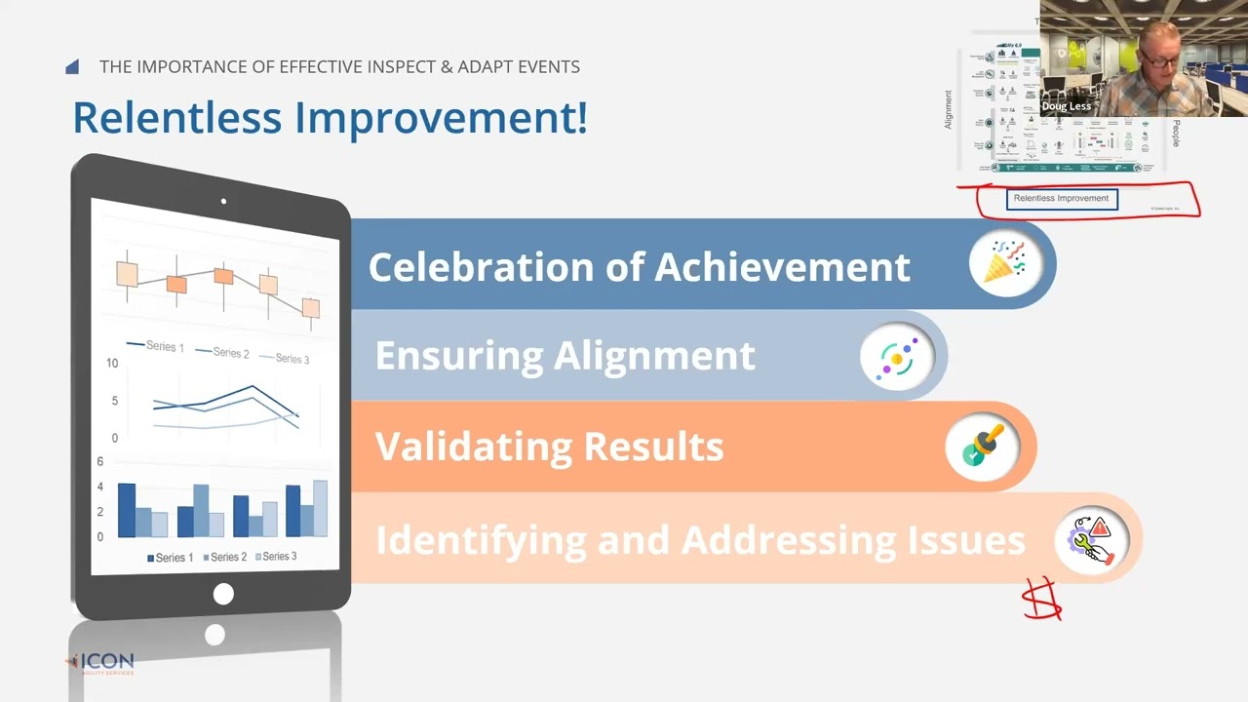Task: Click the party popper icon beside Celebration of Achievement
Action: pos(1004,264)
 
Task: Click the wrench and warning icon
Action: pos(1091,540)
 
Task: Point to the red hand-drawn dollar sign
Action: pos(1042,599)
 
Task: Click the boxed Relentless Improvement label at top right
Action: pos(1061,199)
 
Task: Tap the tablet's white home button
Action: pos(223,594)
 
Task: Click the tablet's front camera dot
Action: pos(223,202)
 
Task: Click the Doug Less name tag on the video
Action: pos(1066,106)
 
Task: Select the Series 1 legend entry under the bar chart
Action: pos(171,558)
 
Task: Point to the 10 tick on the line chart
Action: pos(112,364)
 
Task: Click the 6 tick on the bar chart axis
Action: pos(99,462)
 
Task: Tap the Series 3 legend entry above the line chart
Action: pos(286,359)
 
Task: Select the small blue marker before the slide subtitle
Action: pos(72,67)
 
